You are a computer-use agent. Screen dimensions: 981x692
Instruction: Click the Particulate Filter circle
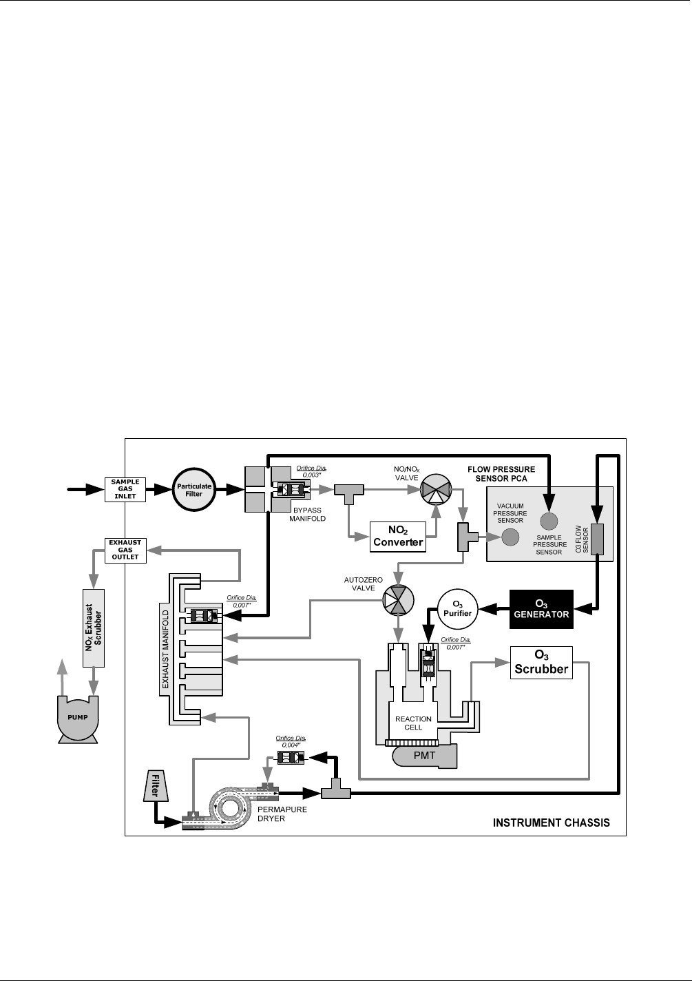(x=194, y=490)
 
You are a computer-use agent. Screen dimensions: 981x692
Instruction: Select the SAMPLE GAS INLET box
(x=125, y=489)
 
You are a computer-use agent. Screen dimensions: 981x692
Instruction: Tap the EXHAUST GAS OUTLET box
(x=125, y=549)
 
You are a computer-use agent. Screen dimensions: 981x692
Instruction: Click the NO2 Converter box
(x=398, y=536)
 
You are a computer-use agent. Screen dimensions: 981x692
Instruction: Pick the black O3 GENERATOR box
(x=541, y=609)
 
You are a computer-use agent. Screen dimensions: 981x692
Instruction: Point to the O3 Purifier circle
(x=458, y=609)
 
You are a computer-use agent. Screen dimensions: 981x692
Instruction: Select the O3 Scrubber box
(x=541, y=662)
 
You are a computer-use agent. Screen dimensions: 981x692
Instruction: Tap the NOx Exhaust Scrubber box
(x=93, y=628)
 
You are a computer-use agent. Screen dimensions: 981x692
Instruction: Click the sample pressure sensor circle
(x=549, y=520)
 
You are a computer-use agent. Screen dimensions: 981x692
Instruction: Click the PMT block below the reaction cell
(x=424, y=756)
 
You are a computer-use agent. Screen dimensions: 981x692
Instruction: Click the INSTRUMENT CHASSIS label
(x=552, y=823)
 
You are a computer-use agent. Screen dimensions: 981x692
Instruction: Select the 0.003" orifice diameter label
(x=311, y=472)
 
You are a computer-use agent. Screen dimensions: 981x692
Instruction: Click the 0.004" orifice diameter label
(x=291, y=741)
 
